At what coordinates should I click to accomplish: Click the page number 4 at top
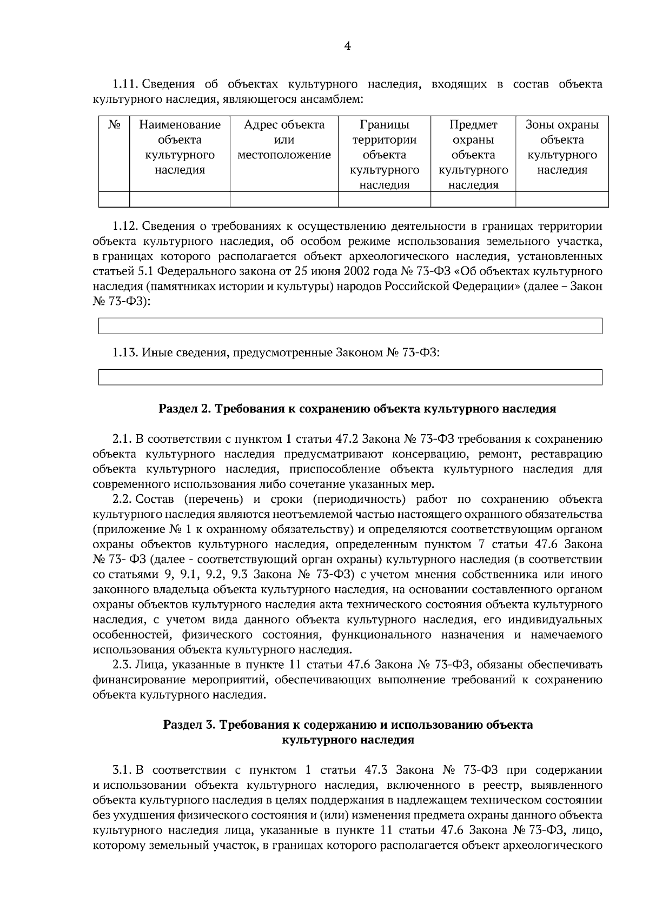tap(348, 47)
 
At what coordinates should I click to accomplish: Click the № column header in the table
tap(114, 125)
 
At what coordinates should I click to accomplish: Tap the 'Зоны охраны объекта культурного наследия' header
tap(562, 148)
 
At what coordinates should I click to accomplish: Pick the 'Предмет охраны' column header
tap(473, 155)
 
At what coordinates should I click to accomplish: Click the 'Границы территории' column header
tap(384, 155)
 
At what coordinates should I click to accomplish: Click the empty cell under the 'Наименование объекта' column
tap(180, 200)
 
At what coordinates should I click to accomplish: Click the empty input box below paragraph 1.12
tap(350, 327)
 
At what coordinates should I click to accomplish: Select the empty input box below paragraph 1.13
tap(350, 377)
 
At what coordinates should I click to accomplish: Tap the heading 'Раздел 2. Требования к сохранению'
tap(357, 409)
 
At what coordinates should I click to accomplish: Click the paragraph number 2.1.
tap(123, 438)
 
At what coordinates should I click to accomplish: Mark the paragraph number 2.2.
tap(123, 499)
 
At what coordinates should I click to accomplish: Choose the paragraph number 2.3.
tap(123, 664)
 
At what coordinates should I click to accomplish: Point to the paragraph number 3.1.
tap(123, 770)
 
